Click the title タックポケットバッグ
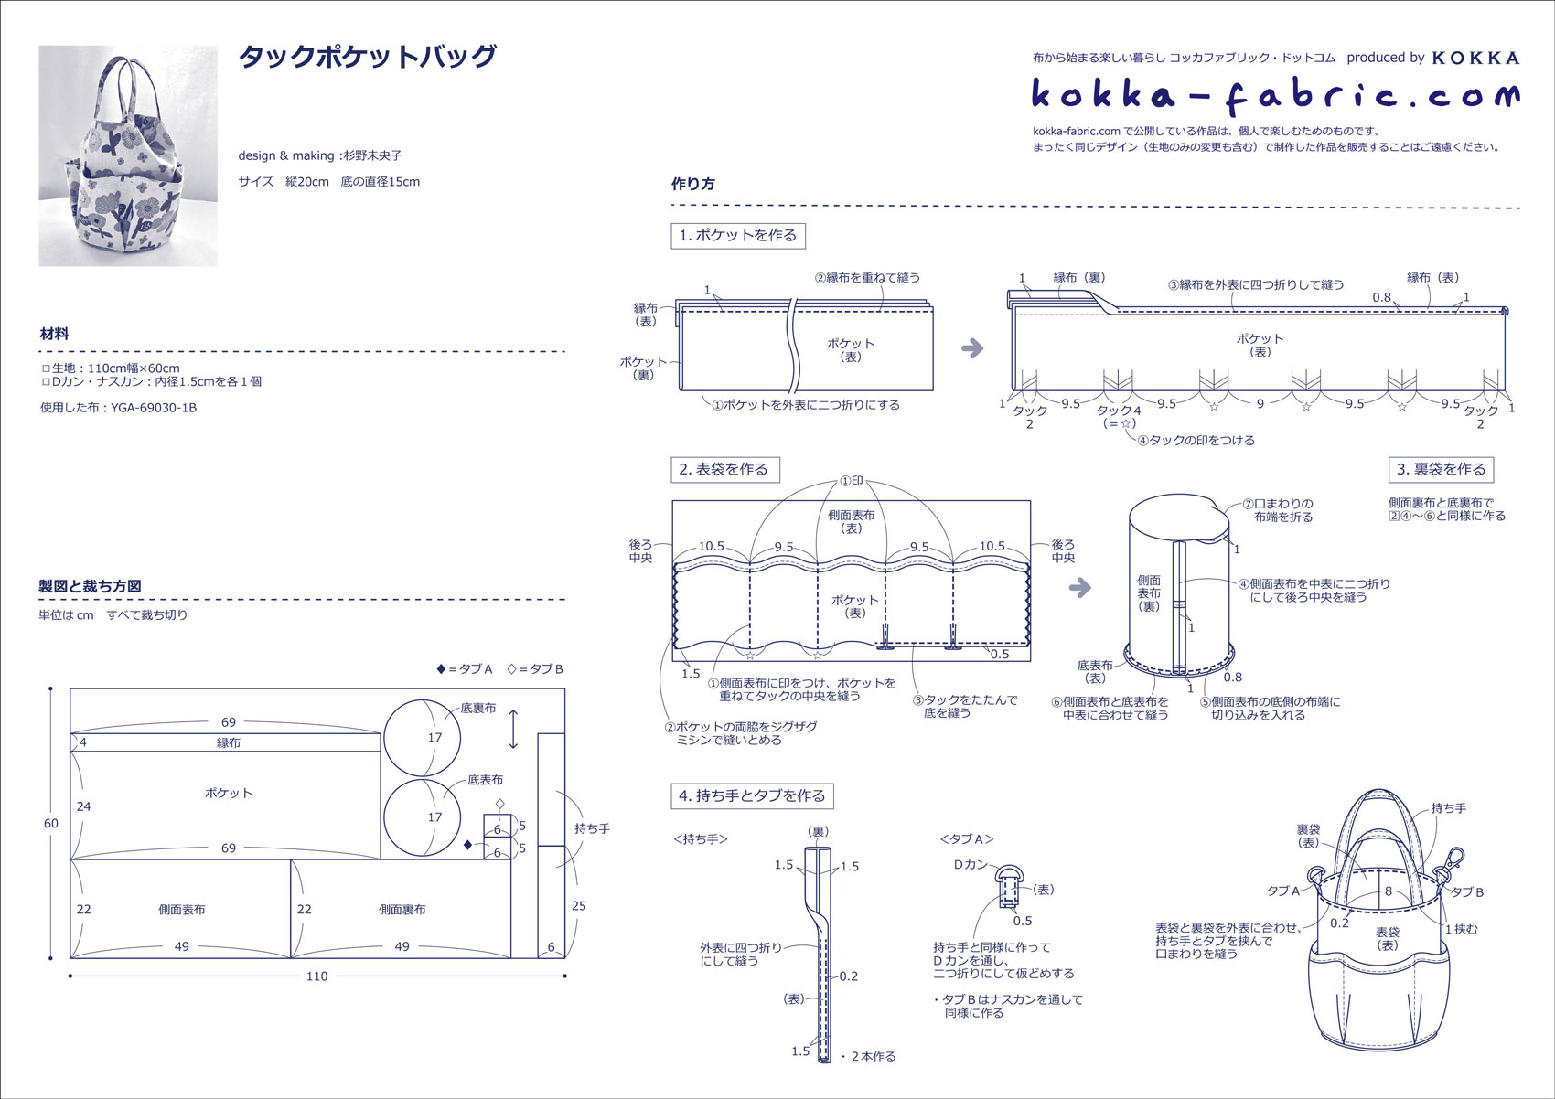[x=367, y=58]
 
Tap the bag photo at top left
[x=128, y=156]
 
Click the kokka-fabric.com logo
[x=1275, y=95]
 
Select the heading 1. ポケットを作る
[x=737, y=236]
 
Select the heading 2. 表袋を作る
[x=724, y=470]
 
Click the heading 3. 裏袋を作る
[x=1441, y=470]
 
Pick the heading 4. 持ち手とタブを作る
[x=752, y=796]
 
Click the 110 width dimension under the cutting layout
[x=316, y=976]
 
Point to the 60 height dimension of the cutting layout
[x=51, y=824]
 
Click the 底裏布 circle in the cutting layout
[x=422, y=738]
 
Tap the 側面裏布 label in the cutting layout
[x=402, y=910]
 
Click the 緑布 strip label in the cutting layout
[x=228, y=743]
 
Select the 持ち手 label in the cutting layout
[x=592, y=828]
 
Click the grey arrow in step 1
[x=972, y=348]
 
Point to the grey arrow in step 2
[x=1080, y=588]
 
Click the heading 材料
[x=54, y=335]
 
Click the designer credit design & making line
[x=320, y=156]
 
